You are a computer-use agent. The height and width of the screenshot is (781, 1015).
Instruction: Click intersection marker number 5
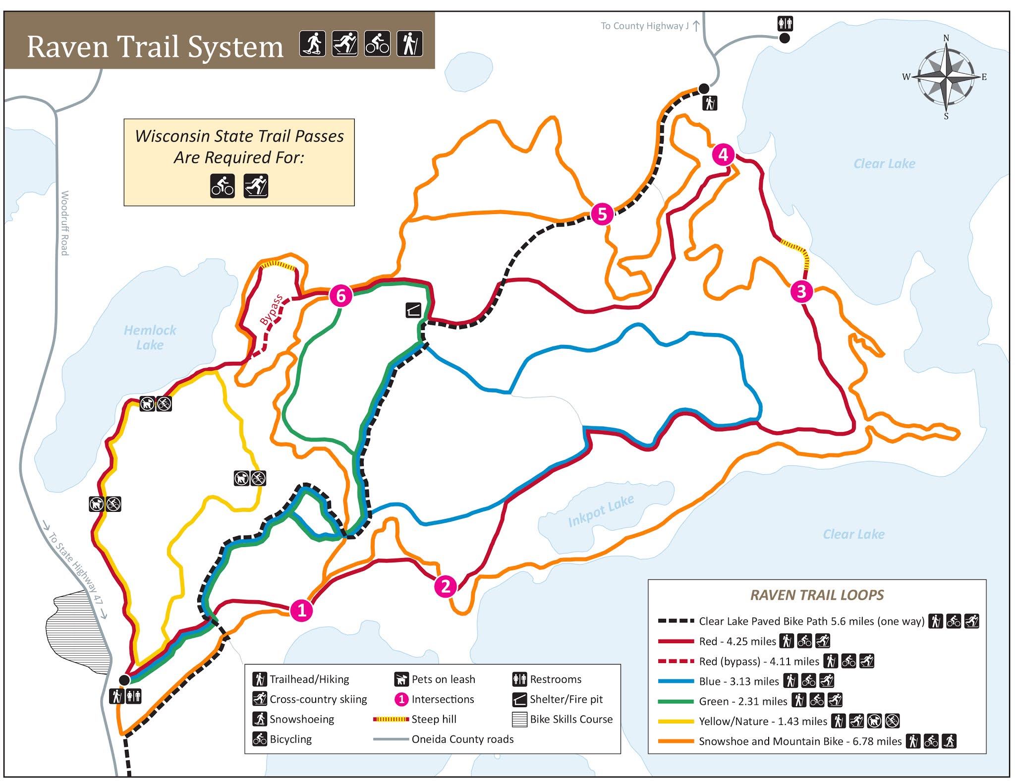(x=602, y=214)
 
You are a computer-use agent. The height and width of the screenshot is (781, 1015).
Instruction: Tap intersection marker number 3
(x=801, y=291)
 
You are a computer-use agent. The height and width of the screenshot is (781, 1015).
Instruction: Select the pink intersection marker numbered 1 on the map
(x=301, y=610)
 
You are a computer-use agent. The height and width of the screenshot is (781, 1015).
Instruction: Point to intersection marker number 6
(x=341, y=296)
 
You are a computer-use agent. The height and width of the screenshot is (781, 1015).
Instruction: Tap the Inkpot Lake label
(x=601, y=511)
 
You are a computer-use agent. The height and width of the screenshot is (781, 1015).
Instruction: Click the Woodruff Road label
(x=64, y=223)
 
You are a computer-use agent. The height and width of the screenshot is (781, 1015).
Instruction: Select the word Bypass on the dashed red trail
(x=272, y=310)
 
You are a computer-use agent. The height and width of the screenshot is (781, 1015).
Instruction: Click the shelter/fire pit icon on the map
(x=413, y=310)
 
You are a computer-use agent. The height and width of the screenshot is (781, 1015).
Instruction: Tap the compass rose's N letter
(x=946, y=38)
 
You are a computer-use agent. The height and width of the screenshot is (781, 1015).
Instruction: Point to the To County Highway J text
(x=644, y=26)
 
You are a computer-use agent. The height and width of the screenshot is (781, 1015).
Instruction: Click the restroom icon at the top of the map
(x=785, y=23)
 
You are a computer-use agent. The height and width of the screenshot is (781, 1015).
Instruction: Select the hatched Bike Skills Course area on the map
(x=77, y=632)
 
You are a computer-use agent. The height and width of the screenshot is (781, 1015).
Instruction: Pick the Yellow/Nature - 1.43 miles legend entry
(x=762, y=721)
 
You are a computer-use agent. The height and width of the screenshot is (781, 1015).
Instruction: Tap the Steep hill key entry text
(x=434, y=719)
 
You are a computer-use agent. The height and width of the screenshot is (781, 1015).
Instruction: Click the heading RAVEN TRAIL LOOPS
(x=817, y=595)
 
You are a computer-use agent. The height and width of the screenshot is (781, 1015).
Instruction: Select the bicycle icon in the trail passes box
(x=223, y=186)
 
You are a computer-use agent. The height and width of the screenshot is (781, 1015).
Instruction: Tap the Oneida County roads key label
(x=462, y=739)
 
